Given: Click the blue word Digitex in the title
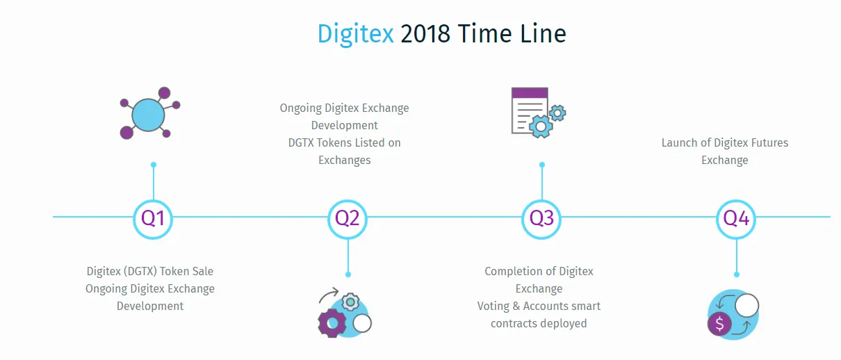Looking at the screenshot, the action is (x=355, y=35).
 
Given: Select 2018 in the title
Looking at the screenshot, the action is (x=425, y=34).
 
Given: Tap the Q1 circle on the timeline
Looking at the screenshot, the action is (x=153, y=219).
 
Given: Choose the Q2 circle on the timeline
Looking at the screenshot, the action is (x=348, y=219).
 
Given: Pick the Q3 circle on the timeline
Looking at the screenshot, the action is (x=541, y=219).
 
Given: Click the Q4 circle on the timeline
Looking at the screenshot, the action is (x=736, y=219).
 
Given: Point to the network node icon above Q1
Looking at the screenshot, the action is (x=150, y=113).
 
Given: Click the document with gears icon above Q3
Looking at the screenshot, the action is (x=539, y=113).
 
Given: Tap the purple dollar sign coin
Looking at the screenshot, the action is (x=719, y=324).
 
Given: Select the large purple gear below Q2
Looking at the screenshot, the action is (x=332, y=323).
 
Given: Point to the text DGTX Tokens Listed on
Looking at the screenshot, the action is (x=344, y=142).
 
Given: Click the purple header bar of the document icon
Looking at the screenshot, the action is (x=530, y=92).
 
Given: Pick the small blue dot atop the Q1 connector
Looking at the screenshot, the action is (x=154, y=165).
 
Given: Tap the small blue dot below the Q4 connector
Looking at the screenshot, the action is (x=737, y=275).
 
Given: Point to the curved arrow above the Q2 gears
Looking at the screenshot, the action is (x=328, y=293).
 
